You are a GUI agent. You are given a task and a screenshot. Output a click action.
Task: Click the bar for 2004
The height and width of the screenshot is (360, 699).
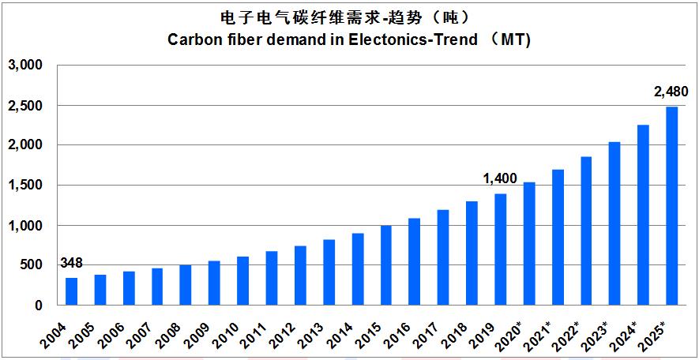[x=72, y=291]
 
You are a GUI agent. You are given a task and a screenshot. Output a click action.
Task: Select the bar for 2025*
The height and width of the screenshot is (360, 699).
[x=671, y=205]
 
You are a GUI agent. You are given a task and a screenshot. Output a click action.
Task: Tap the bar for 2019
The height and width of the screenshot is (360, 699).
[x=501, y=249]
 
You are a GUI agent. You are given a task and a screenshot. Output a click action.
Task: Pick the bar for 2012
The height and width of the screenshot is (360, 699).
[x=300, y=275]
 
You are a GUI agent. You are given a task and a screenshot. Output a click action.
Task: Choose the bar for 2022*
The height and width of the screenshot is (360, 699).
[x=586, y=231]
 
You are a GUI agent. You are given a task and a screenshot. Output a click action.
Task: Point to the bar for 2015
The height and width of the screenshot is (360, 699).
[x=386, y=265]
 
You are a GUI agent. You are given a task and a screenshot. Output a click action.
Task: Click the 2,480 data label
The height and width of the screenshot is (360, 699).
[x=671, y=93]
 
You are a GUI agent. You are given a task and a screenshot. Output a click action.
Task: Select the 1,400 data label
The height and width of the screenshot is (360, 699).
[x=500, y=179]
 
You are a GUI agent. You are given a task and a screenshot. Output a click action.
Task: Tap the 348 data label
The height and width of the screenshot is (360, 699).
[x=71, y=263]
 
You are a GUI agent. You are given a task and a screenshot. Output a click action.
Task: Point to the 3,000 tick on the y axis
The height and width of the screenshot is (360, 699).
[x=30, y=65]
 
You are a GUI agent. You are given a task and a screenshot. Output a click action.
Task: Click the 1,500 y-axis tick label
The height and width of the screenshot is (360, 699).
[x=30, y=186]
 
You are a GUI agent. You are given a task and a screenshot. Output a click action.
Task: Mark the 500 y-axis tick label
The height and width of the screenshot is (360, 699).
[x=37, y=265]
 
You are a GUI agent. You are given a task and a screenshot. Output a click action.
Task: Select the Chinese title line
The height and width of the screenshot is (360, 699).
[x=349, y=17]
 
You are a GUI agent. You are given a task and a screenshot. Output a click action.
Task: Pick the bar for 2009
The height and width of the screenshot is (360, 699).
[x=214, y=283]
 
